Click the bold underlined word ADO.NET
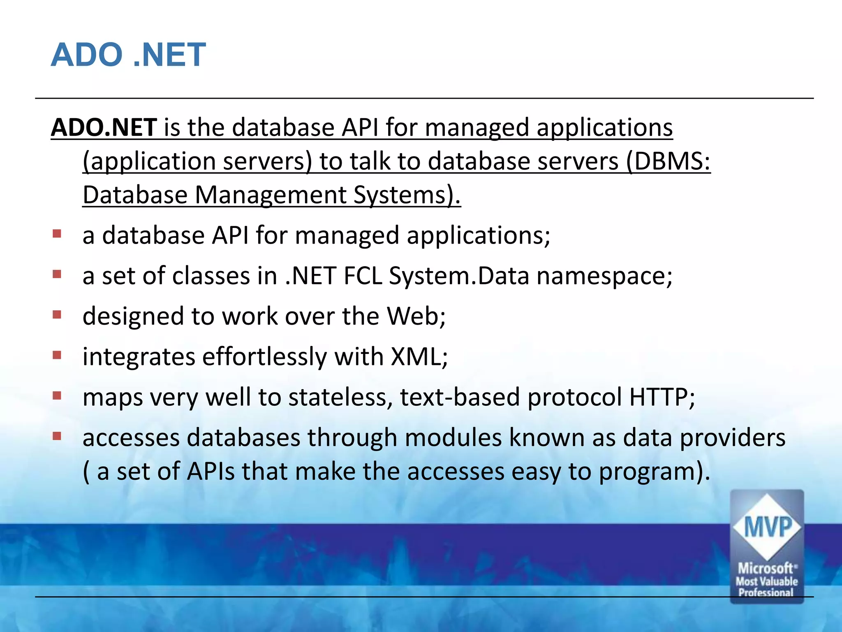click(104, 127)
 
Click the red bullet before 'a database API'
click(57, 234)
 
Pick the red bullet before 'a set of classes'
click(57, 274)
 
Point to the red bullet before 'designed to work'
click(57, 315)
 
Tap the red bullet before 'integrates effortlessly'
click(57, 355)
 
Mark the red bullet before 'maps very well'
click(57, 396)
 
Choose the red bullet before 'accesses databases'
click(57, 436)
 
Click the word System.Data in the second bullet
click(459, 276)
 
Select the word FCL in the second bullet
click(363, 276)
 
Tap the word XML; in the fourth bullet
click(419, 356)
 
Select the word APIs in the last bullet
click(210, 471)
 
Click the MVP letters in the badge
click(768, 527)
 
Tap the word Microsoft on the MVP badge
click(766, 569)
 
